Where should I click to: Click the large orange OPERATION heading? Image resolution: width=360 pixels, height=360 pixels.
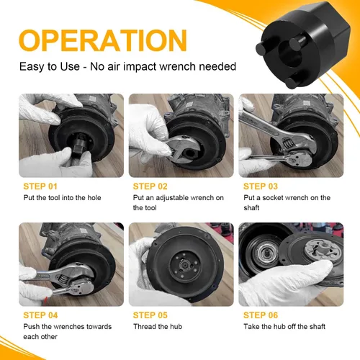click(x=103, y=40)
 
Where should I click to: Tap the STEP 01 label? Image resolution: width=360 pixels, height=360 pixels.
click(x=40, y=186)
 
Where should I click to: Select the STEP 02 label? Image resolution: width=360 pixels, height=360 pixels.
click(x=150, y=186)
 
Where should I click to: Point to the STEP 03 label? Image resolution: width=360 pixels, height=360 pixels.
click(x=261, y=186)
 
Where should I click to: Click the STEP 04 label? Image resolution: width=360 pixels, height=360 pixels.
click(x=40, y=315)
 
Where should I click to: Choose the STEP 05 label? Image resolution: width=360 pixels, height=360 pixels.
click(x=150, y=315)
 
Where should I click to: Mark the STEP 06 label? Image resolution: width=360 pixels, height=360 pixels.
click(x=261, y=315)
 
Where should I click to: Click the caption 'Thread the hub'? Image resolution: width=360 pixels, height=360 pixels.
click(x=158, y=326)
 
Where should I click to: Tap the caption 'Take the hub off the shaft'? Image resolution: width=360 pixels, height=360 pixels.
click(x=284, y=326)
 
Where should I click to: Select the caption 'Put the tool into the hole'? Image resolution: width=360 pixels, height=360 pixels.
click(x=62, y=198)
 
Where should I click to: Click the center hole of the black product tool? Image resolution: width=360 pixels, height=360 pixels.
click(x=290, y=55)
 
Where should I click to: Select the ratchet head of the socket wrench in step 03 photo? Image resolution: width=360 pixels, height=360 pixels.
click(x=300, y=158)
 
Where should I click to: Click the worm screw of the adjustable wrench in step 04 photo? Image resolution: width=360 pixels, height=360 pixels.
click(x=63, y=279)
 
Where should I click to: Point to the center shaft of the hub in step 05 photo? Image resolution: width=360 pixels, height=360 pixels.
click(x=185, y=265)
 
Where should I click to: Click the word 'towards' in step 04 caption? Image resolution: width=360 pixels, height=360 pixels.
click(x=99, y=327)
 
